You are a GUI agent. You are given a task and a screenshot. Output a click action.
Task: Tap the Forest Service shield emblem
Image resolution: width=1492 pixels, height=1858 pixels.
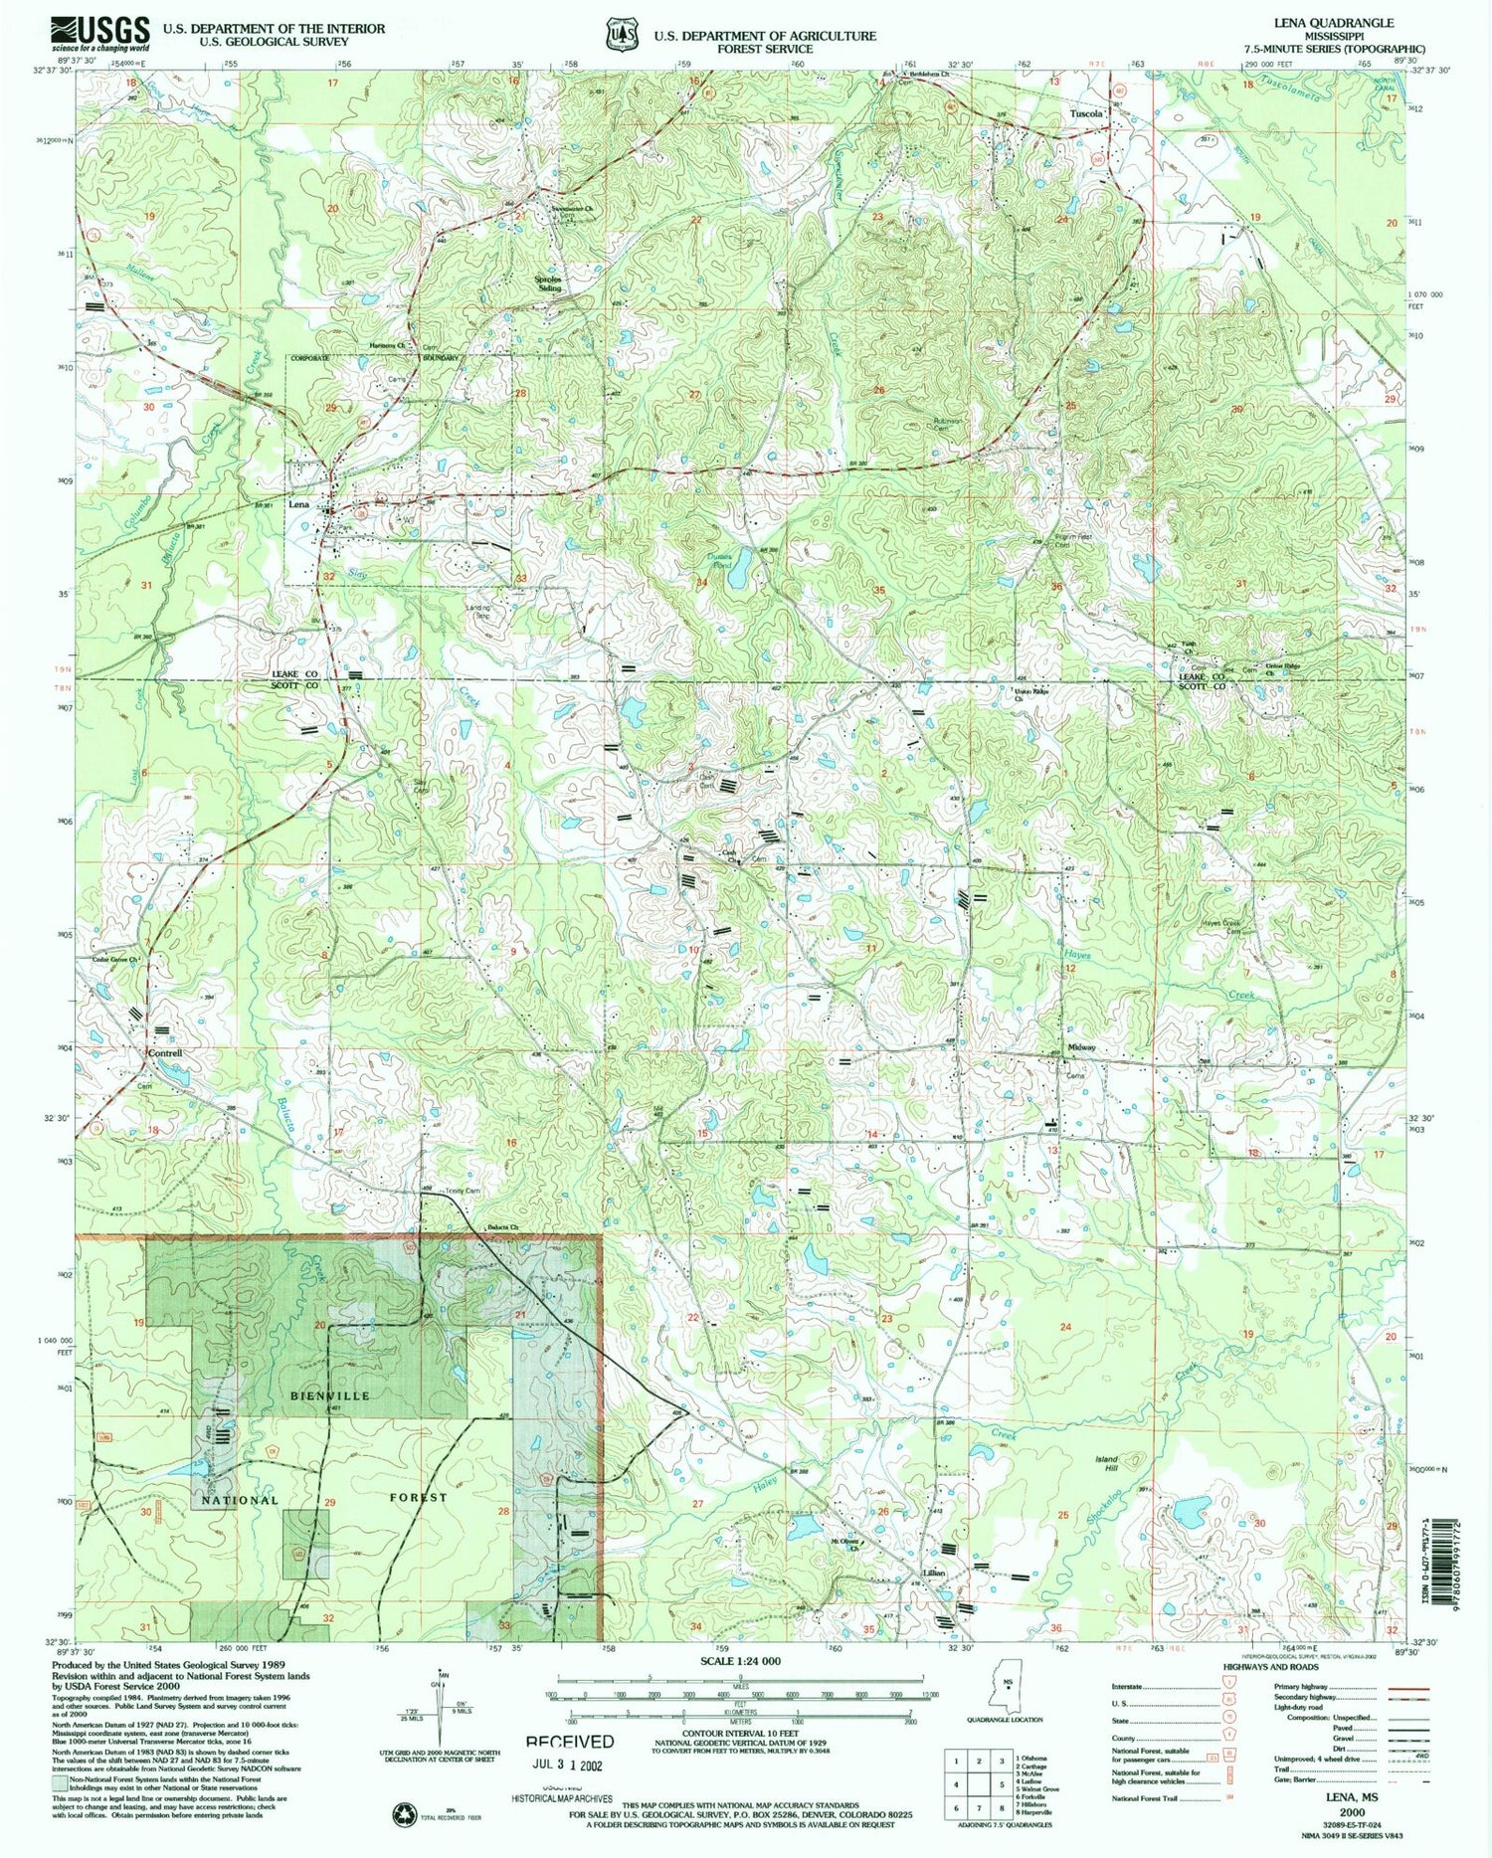point(622,33)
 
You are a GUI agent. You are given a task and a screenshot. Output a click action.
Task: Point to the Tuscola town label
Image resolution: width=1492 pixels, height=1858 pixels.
point(1086,114)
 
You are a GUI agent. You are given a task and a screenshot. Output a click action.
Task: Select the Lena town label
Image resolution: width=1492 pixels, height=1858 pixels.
point(299,504)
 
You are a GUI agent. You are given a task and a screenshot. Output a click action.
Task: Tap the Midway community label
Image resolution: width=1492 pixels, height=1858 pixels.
point(1081,1047)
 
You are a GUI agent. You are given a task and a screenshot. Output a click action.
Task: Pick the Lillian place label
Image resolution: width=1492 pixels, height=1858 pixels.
point(933,1574)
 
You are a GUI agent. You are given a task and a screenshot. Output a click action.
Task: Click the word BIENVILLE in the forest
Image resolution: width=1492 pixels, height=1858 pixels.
point(330,1396)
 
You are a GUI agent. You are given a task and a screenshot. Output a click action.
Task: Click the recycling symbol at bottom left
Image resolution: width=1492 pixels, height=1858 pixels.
point(404,1812)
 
